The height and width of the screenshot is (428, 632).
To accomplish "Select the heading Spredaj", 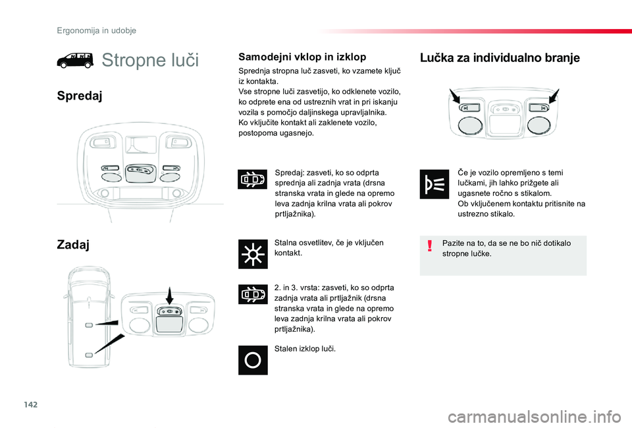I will (x=79, y=96).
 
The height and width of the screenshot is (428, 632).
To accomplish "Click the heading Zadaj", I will (x=73, y=245).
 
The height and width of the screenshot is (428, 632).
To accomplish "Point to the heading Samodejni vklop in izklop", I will (x=302, y=57).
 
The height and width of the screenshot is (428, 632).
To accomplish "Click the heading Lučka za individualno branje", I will (x=500, y=57).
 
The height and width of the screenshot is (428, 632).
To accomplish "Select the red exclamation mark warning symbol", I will (x=429, y=247).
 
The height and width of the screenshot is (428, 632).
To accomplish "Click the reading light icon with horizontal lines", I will (x=434, y=185).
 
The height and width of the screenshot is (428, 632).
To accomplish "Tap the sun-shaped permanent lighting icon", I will (x=253, y=255).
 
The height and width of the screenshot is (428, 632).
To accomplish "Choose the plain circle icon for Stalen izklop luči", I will (x=253, y=360).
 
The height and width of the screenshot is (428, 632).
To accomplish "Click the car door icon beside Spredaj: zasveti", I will (x=253, y=179).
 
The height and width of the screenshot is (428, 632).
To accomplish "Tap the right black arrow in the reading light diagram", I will (x=552, y=98).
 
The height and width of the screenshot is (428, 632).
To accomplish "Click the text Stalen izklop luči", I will (x=305, y=348).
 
